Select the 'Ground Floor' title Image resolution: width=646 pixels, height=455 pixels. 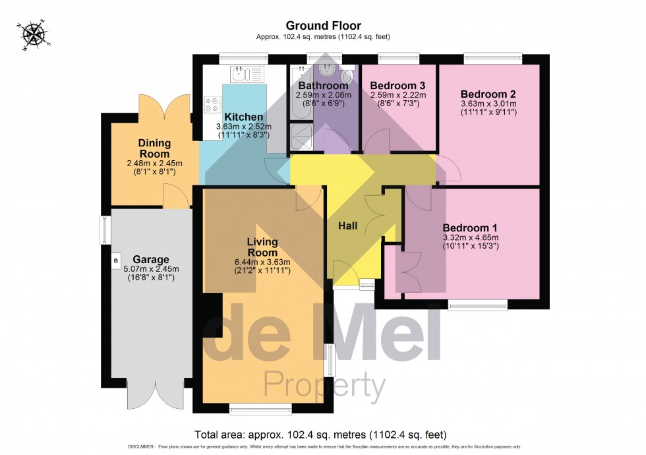323,26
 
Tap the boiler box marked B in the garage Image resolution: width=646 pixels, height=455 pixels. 117,261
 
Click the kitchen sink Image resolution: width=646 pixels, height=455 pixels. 247,73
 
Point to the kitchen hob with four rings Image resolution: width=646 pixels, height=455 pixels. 214,105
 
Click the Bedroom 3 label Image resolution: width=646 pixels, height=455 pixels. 397,86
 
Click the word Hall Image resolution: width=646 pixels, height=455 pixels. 347,226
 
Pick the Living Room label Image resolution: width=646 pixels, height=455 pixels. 262,247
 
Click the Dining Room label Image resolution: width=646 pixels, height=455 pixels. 154,148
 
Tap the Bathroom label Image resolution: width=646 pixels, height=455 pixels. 323,86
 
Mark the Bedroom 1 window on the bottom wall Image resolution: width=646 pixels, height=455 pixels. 478,305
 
